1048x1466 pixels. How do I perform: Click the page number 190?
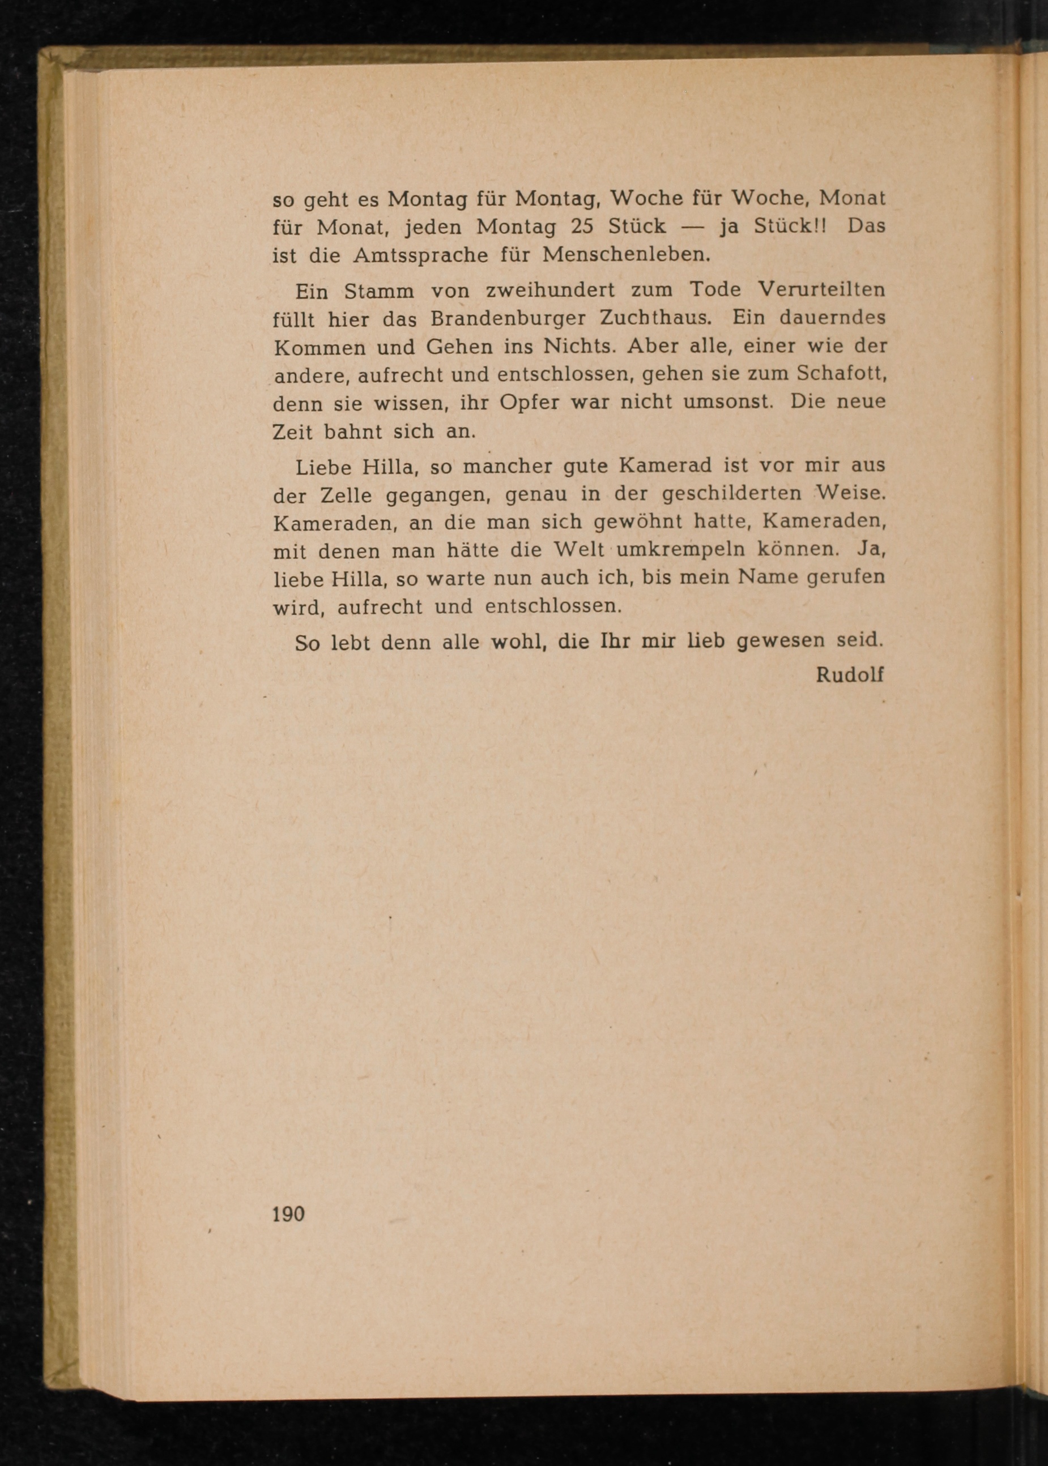tap(288, 1214)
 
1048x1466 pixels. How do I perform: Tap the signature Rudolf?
tap(849, 674)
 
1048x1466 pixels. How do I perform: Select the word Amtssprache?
tap(420, 255)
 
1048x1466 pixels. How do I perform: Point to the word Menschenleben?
tap(625, 254)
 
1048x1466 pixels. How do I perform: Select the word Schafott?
tap(841, 374)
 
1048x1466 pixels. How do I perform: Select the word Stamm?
tap(379, 292)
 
